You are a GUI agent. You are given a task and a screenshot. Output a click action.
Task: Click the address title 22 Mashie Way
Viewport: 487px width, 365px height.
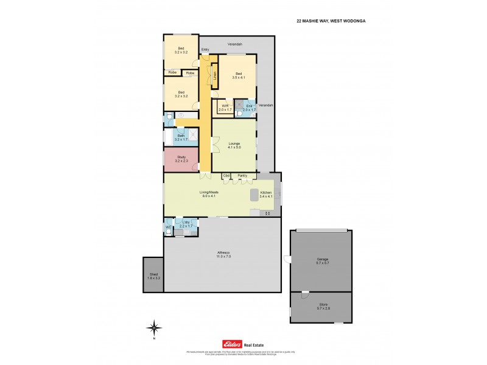tap(334, 20)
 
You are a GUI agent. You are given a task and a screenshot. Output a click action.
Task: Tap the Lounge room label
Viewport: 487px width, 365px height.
tap(234, 145)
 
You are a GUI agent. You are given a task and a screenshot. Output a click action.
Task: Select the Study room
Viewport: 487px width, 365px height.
tap(180, 159)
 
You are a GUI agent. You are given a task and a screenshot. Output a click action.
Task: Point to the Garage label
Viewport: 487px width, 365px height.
tap(322, 261)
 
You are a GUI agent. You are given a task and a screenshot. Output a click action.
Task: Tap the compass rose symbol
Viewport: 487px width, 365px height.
tap(155, 327)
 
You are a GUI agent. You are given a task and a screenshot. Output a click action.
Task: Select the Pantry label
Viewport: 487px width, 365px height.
tap(242, 176)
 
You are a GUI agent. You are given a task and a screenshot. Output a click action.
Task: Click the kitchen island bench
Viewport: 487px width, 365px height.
tap(254, 195)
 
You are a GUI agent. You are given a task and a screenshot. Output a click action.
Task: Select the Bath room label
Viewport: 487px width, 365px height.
tap(181, 137)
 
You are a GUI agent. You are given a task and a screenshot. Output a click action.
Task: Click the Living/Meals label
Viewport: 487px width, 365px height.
tap(209, 193)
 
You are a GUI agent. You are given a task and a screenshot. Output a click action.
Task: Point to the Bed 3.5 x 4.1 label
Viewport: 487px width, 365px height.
tap(239, 76)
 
